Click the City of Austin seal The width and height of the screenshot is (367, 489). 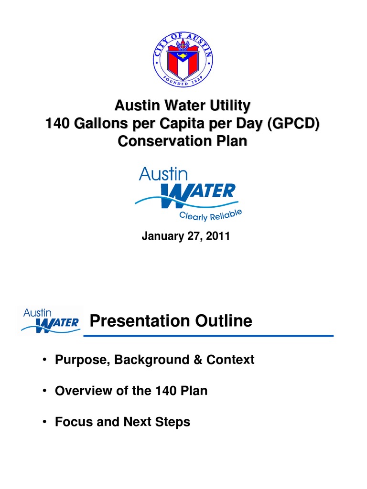coord(183,58)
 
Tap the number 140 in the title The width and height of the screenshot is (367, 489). coord(56,124)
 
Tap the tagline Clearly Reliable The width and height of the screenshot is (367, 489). coord(211,214)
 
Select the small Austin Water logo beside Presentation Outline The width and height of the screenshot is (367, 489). coord(50,320)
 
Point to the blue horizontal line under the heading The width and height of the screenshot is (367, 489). coord(208,336)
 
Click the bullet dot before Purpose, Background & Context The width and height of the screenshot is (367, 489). coord(44,360)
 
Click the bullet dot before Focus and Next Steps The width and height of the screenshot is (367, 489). coord(44,422)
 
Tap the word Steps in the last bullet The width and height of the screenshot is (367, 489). coord(174,422)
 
